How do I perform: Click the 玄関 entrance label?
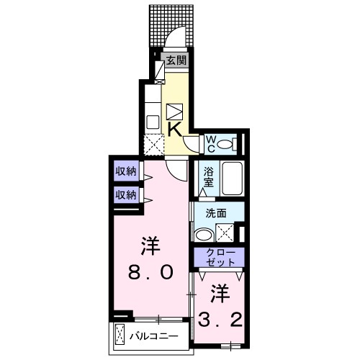[176, 61]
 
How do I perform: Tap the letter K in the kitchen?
[175, 129]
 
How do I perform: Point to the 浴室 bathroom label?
[209, 178]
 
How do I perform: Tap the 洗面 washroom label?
[216, 213]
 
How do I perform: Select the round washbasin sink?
[203, 234]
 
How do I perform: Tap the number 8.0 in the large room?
[151, 272]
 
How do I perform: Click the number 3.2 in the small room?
[221, 317]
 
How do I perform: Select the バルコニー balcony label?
[154, 336]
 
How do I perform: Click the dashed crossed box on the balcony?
[120, 336]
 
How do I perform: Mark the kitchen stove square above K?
[176, 112]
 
